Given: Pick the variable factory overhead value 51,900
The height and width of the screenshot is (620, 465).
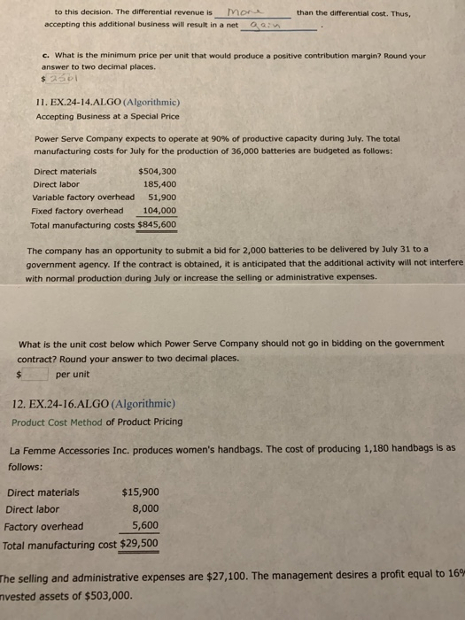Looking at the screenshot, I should pos(162,198).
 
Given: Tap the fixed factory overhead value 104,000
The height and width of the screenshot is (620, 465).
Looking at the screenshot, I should pos(159,211).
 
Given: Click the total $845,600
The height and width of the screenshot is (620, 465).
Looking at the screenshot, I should pos(157,225).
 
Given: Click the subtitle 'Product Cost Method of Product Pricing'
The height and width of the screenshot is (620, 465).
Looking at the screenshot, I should pos(97,422).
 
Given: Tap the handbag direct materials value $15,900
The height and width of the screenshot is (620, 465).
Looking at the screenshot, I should pos(140,492).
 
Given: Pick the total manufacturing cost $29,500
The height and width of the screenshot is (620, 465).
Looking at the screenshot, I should pos(139,543).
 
